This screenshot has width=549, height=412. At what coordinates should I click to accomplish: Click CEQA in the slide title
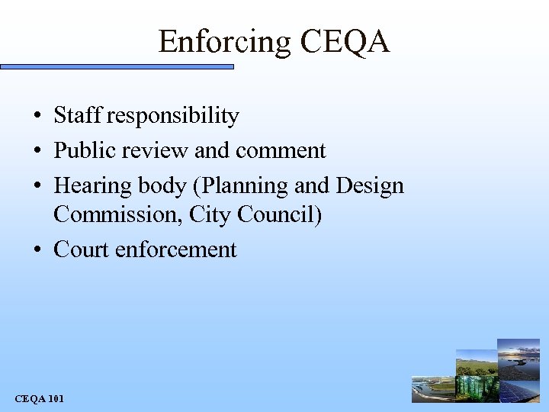[345, 41]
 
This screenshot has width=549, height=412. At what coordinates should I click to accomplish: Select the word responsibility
[173, 117]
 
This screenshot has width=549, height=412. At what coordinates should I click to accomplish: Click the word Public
[83, 151]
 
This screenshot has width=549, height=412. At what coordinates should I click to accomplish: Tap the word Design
[369, 186]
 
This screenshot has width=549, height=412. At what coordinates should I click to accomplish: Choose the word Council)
[278, 215]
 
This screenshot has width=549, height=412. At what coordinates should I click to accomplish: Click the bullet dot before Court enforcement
[37, 250]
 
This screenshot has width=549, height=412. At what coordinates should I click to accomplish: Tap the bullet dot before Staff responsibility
[37, 117]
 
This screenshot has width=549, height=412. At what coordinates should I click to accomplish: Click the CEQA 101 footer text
[40, 399]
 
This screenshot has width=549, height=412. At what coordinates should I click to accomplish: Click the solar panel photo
[519, 390]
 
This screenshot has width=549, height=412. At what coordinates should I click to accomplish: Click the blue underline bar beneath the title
[117, 67]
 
